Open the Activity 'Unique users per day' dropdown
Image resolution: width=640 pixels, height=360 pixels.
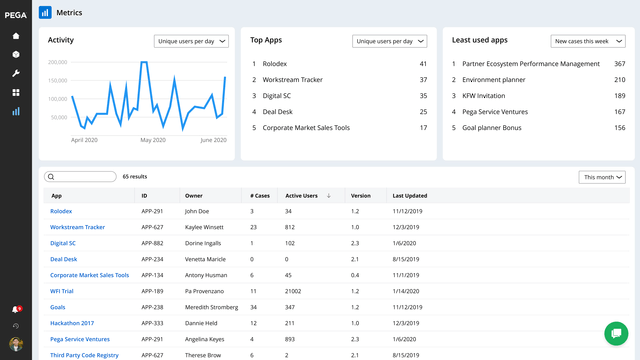coord(192,41)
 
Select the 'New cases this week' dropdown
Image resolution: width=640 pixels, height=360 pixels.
coord(590,41)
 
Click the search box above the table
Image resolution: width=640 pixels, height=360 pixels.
coord(82,176)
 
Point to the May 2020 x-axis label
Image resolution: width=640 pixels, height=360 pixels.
coord(153,140)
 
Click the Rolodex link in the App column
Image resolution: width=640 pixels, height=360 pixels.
coord(61,211)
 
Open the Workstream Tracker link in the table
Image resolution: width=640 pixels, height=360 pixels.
coord(77,227)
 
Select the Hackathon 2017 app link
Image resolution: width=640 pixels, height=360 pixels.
coord(71,323)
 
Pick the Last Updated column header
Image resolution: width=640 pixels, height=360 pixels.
coord(410,196)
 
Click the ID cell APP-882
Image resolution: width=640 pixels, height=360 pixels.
coord(152,243)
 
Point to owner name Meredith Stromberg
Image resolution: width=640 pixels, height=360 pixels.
coord(212,307)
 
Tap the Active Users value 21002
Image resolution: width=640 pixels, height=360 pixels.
coord(296,291)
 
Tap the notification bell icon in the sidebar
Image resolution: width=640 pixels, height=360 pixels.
coord(15,309)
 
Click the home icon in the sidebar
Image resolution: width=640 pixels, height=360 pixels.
coord(16,36)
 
